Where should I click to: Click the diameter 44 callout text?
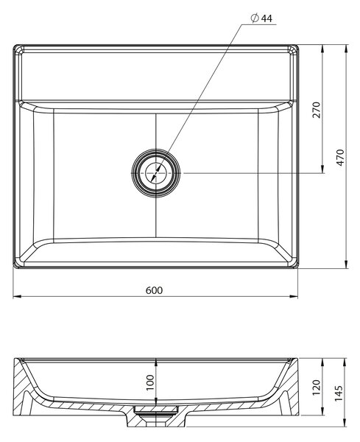(x=261, y=18)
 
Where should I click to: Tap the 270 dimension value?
(x=317, y=110)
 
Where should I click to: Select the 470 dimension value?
(x=340, y=158)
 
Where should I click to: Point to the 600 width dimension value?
(x=154, y=290)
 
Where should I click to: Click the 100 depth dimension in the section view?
(x=150, y=382)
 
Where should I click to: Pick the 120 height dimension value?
(x=316, y=387)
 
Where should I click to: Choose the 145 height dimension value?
(x=339, y=393)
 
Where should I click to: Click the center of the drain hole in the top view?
(x=156, y=173)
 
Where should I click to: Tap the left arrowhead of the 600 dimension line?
(x=17, y=296)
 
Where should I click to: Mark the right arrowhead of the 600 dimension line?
(x=294, y=296)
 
